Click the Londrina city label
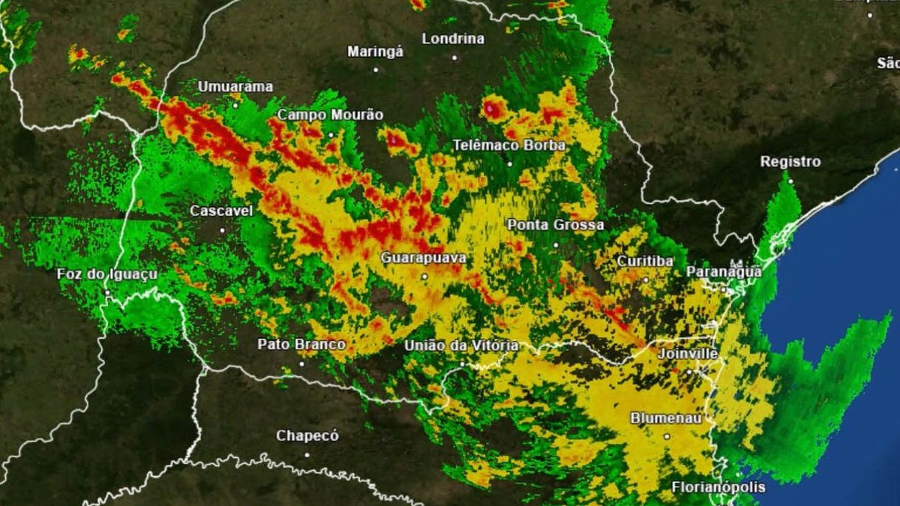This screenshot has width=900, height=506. click(x=453, y=39)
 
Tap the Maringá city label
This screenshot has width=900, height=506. click(x=375, y=52)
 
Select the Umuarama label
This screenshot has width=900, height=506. click(x=235, y=87)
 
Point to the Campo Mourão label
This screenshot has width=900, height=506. click(x=330, y=115)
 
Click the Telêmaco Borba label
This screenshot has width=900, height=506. click(x=509, y=145)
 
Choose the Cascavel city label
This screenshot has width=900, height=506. click(x=221, y=211)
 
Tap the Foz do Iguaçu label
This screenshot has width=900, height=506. click(x=107, y=274)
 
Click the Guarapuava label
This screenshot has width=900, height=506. click(x=423, y=259)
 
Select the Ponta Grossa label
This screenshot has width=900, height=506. click(x=556, y=225)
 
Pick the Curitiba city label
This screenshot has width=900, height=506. click(x=645, y=261)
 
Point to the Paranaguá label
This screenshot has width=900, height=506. click(x=724, y=272)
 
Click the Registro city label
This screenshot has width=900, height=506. click(x=790, y=162)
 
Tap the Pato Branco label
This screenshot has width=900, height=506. click(x=301, y=345)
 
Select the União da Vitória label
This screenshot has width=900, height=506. click(x=461, y=346)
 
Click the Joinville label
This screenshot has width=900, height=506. click(x=688, y=353)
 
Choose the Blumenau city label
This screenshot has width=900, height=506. click(x=666, y=418)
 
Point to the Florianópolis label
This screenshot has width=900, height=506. click(x=718, y=487)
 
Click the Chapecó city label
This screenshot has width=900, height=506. click(x=307, y=436)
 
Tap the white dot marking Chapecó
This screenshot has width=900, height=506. click(x=307, y=454)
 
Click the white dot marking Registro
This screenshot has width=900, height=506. click(x=790, y=181)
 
